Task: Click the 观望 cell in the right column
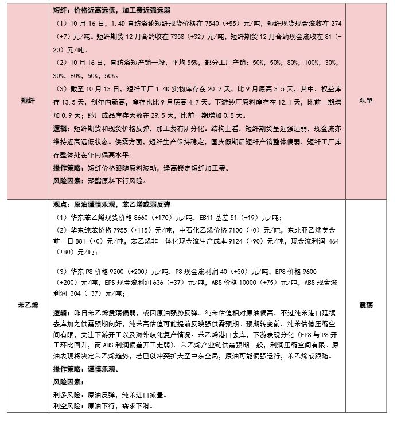coord(366,99)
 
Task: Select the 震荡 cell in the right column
coord(366,305)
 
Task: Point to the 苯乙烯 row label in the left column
coord(28,305)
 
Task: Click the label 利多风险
coord(67,395)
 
